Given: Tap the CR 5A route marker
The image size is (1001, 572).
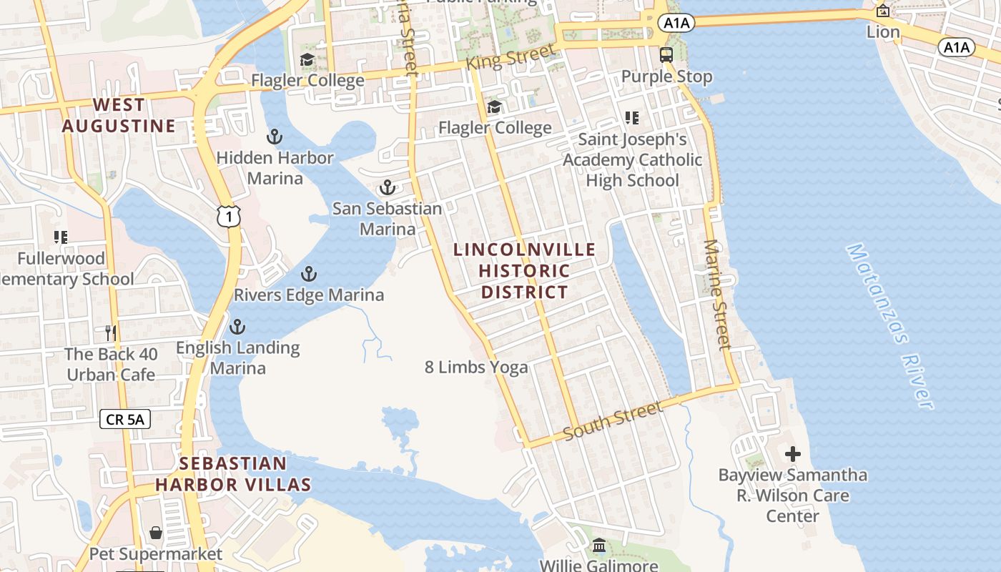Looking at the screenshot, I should (125, 419).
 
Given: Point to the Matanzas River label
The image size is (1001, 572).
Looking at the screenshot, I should (890, 327).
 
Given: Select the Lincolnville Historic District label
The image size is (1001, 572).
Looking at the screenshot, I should (525, 271).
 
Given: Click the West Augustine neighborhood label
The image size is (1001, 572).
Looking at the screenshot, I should (119, 116).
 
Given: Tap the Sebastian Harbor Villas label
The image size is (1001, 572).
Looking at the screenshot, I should (233, 474).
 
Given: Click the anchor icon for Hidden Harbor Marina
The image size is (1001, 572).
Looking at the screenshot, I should (275, 137).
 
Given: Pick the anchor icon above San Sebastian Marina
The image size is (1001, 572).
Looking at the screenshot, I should (387, 188).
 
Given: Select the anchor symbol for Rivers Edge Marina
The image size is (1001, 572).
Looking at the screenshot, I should (309, 274).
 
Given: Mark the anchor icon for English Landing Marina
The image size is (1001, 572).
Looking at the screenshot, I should (237, 327).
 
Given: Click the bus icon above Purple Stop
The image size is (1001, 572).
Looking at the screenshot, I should (666, 55).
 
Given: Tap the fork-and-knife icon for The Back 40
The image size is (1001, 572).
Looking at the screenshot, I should (111, 332).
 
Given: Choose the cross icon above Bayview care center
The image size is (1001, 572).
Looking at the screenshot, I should (792, 454).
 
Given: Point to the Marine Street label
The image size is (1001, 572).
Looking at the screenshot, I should (717, 294).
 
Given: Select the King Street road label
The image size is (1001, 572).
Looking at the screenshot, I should (511, 57).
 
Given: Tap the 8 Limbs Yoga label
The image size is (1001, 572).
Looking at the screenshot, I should (476, 368).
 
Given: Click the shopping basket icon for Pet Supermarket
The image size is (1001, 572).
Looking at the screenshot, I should (156, 533).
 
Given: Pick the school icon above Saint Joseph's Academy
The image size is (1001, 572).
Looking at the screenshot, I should (632, 117).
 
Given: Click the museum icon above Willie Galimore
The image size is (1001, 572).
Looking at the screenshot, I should (599, 546).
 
